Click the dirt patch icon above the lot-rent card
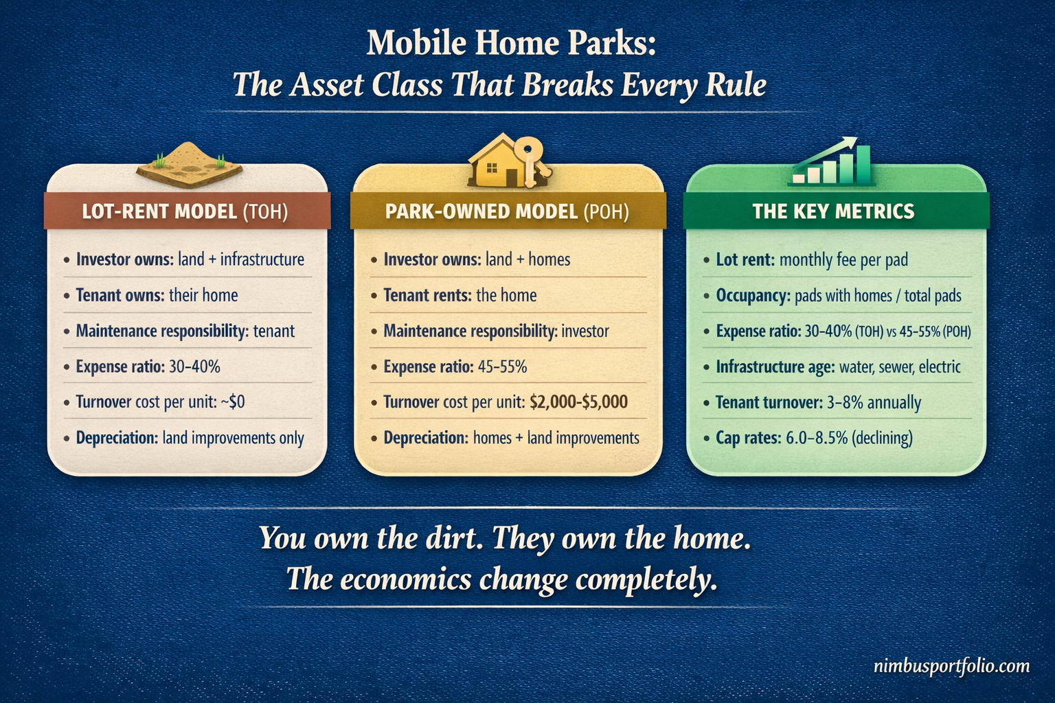tap(189, 165)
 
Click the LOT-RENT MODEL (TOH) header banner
tap(185, 211)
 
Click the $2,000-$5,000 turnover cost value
tap(578, 402)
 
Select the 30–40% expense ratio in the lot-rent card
tap(194, 367)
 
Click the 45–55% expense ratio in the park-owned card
tap(502, 367)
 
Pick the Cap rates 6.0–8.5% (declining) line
tap(814, 438)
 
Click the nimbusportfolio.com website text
tap(951, 666)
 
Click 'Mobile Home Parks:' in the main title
tap(511, 43)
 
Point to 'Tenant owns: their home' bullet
tap(157, 295)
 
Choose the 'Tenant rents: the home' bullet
tap(460, 295)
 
